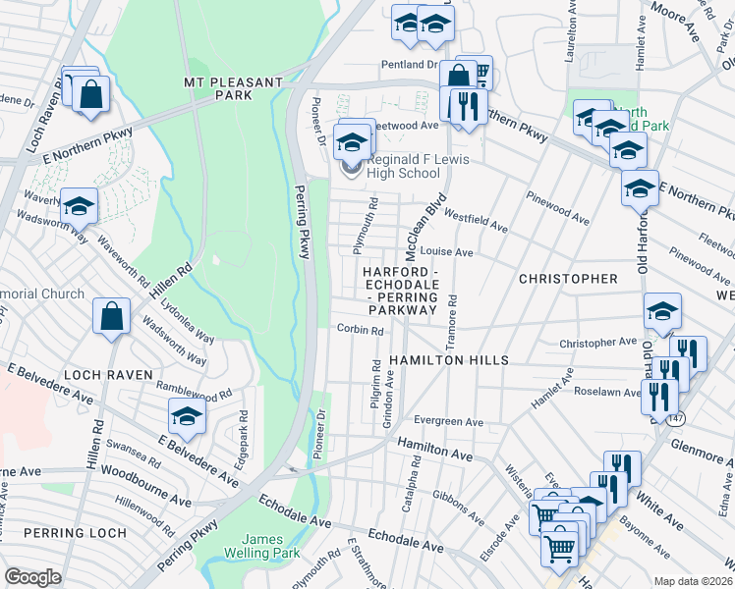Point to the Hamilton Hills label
(448, 360)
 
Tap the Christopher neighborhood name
(568, 279)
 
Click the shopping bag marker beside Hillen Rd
(112, 316)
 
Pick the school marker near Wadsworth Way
(79, 205)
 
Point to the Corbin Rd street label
(360, 331)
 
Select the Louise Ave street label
(446, 252)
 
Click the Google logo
(32, 576)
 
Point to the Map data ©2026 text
(693, 581)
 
